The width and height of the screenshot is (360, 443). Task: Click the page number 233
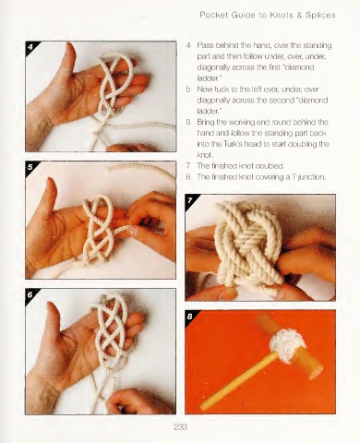pyautogui.click(x=180, y=427)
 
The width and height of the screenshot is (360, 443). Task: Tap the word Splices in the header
pyautogui.click(x=320, y=15)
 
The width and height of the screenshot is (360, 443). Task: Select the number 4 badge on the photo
pyautogui.click(x=30, y=46)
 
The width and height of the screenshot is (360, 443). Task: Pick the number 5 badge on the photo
pyautogui.click(x=30, y=167)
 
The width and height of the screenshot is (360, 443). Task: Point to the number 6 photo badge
pyautogui.click(x=30, y=294)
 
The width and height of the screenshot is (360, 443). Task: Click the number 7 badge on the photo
pyautogui.click(x=190, y=200)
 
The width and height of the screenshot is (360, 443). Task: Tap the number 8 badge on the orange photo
pyautogui.click(x=190, y=317)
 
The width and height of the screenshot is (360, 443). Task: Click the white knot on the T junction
pyautogui.click(x=287, y=343)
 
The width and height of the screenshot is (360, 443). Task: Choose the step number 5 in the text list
pyautogui.click(x=188, y=90)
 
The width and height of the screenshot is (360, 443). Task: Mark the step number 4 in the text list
pyautogui.click(x=188, y=45)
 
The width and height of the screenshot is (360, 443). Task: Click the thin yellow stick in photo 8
pyautogui.click(x=238, y=380)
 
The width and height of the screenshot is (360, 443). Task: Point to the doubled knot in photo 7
pyautogui.click(x=248, y=243)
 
